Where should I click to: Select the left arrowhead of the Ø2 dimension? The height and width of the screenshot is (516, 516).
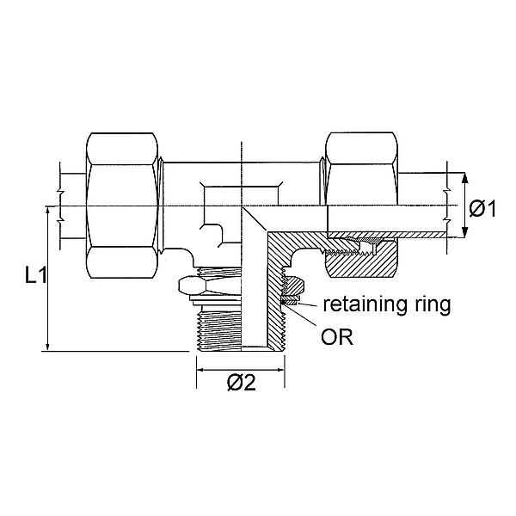202,369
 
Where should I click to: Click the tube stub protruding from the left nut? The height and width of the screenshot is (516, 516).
73,206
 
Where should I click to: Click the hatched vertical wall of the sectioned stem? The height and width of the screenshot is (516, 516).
276,310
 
